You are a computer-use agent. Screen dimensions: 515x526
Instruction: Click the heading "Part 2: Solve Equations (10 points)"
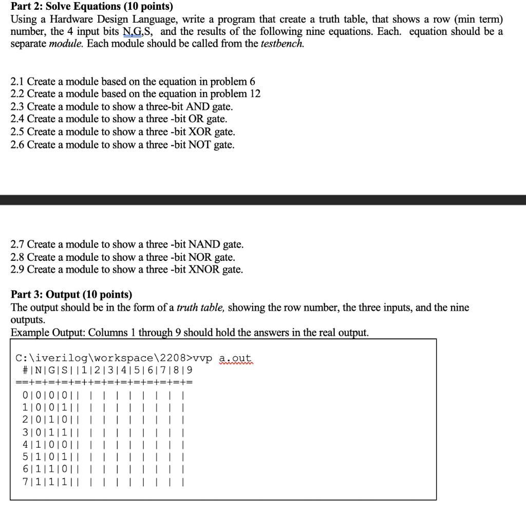click(92, 7)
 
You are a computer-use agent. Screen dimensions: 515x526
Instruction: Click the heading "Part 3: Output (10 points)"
click(71, 295)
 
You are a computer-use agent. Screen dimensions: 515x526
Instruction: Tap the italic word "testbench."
click(282, 44)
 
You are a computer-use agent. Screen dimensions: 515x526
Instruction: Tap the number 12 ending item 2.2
click(254, 94)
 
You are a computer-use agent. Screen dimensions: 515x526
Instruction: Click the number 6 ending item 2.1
click(252, 82)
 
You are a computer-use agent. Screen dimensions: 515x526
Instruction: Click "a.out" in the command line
click(235, 358)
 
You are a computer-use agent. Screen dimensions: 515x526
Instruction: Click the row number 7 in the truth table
click(25, 482)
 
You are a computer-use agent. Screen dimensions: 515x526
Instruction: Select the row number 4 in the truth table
click(25, 445)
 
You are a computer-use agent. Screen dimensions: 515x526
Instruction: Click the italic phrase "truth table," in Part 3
click(201, 308)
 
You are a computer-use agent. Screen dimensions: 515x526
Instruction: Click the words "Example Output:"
click(48, 332)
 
